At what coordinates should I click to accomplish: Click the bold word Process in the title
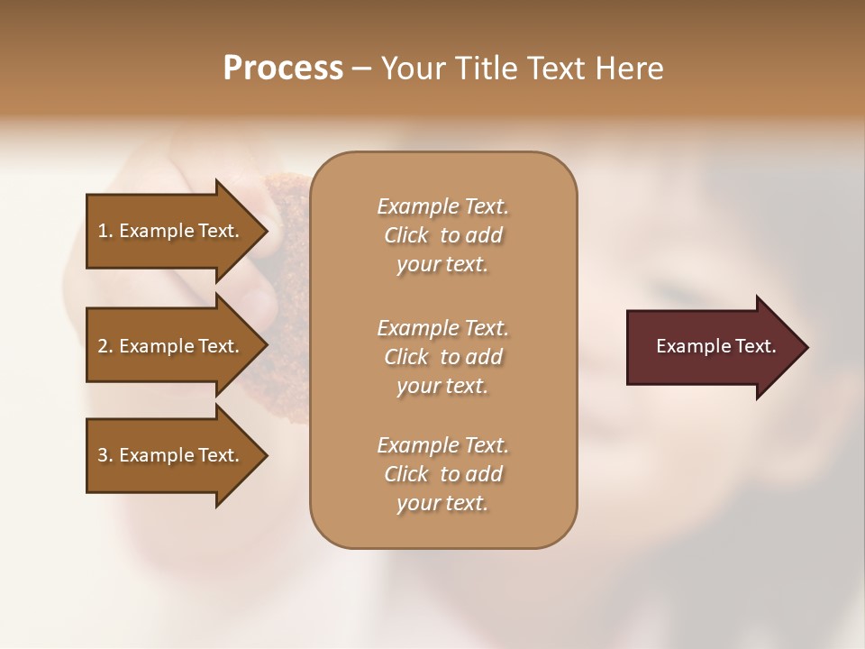tap(283, 69)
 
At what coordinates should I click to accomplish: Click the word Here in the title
tap(627, 69)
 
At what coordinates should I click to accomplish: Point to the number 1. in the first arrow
tap(105, 231)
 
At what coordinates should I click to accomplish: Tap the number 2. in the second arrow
tap(105, 346)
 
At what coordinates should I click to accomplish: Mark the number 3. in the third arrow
tap(105, 455)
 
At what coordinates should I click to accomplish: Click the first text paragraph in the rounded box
tap(442, 235)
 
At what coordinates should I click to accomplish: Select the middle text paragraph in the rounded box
tap(442, 357)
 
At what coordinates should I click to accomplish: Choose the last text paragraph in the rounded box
tap(442, 474)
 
